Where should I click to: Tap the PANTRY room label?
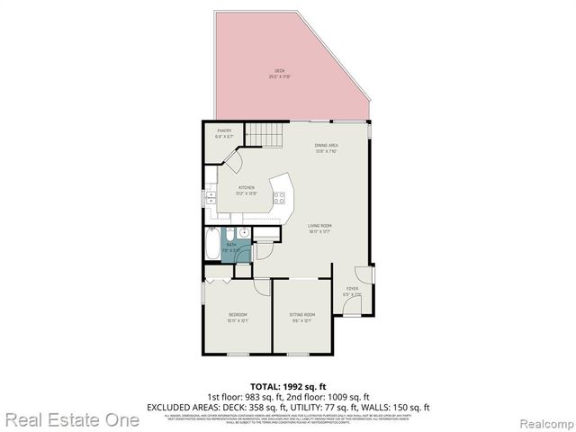click(224, 132)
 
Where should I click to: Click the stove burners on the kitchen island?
click(282, 197)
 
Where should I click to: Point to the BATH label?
click(231, 245)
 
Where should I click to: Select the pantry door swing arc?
click(231, 162)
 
